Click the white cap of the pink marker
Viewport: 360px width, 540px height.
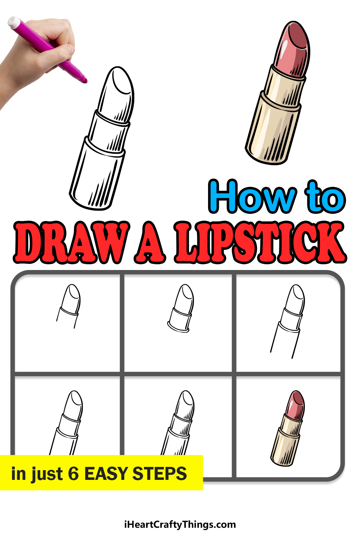click(x=14, y=22)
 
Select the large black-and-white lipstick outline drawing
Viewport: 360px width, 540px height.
click(x=102, y=138)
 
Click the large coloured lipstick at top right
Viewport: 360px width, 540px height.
click(x=278, y=93)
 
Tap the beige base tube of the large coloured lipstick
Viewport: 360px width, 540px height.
click(x=273, y=128)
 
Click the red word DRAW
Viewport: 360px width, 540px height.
click(x=72, y=242)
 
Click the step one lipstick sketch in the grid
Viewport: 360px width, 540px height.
click(x=68, y=306)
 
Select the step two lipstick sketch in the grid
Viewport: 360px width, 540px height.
click(x=181, y=308)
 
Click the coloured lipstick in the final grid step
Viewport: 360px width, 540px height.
click(x=288, y=428)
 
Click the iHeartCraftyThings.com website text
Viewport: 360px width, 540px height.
click(x=180, y=525)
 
